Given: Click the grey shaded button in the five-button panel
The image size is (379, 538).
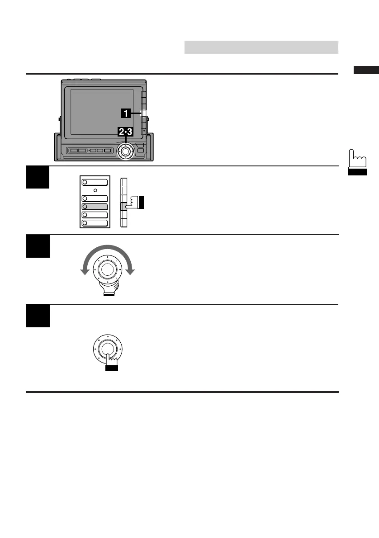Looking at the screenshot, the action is point(94,206).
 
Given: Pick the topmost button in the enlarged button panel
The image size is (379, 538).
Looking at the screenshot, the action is point(94,182).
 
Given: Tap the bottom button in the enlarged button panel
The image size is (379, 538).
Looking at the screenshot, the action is point(94,222).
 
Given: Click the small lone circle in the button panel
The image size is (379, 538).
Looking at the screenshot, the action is point(95,190).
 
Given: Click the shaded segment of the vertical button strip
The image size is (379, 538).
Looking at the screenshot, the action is point(123,207).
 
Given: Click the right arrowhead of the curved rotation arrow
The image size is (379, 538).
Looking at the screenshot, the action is point(131,271).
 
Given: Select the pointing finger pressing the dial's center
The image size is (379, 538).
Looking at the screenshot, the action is point(111,362).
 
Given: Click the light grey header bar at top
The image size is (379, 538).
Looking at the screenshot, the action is point(261,47).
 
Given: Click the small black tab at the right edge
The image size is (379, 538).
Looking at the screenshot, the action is point(366,70).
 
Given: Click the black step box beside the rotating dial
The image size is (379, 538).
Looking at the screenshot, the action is point(38,246).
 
